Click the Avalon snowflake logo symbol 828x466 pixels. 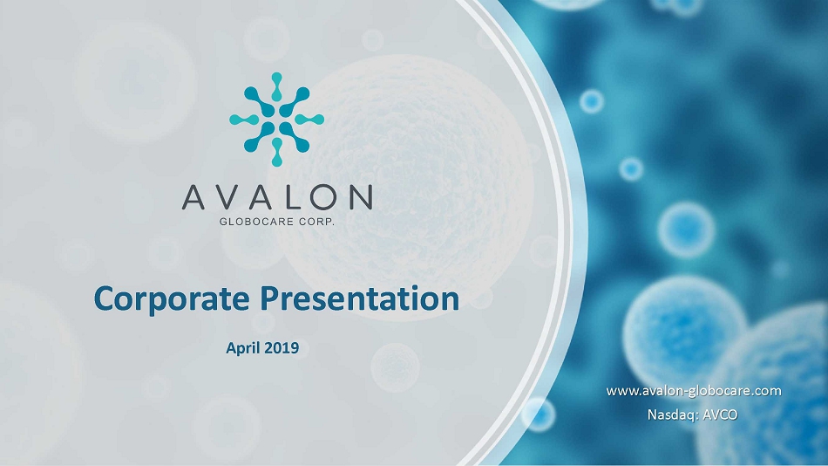(276, 120)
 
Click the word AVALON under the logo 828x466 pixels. (277, 197)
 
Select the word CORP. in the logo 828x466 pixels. (317, 222)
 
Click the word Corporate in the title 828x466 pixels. (172, 298)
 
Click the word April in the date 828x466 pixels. (242, 348)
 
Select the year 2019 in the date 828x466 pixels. (282, 347)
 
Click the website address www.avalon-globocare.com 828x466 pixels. (694, 392)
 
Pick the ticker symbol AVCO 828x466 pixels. (720, 415)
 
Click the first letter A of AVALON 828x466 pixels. (193, 197)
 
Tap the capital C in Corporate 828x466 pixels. (105, 298)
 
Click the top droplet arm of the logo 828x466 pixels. (276, 86)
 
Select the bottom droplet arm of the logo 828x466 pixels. (276, 153)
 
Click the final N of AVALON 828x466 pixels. (361, 197)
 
